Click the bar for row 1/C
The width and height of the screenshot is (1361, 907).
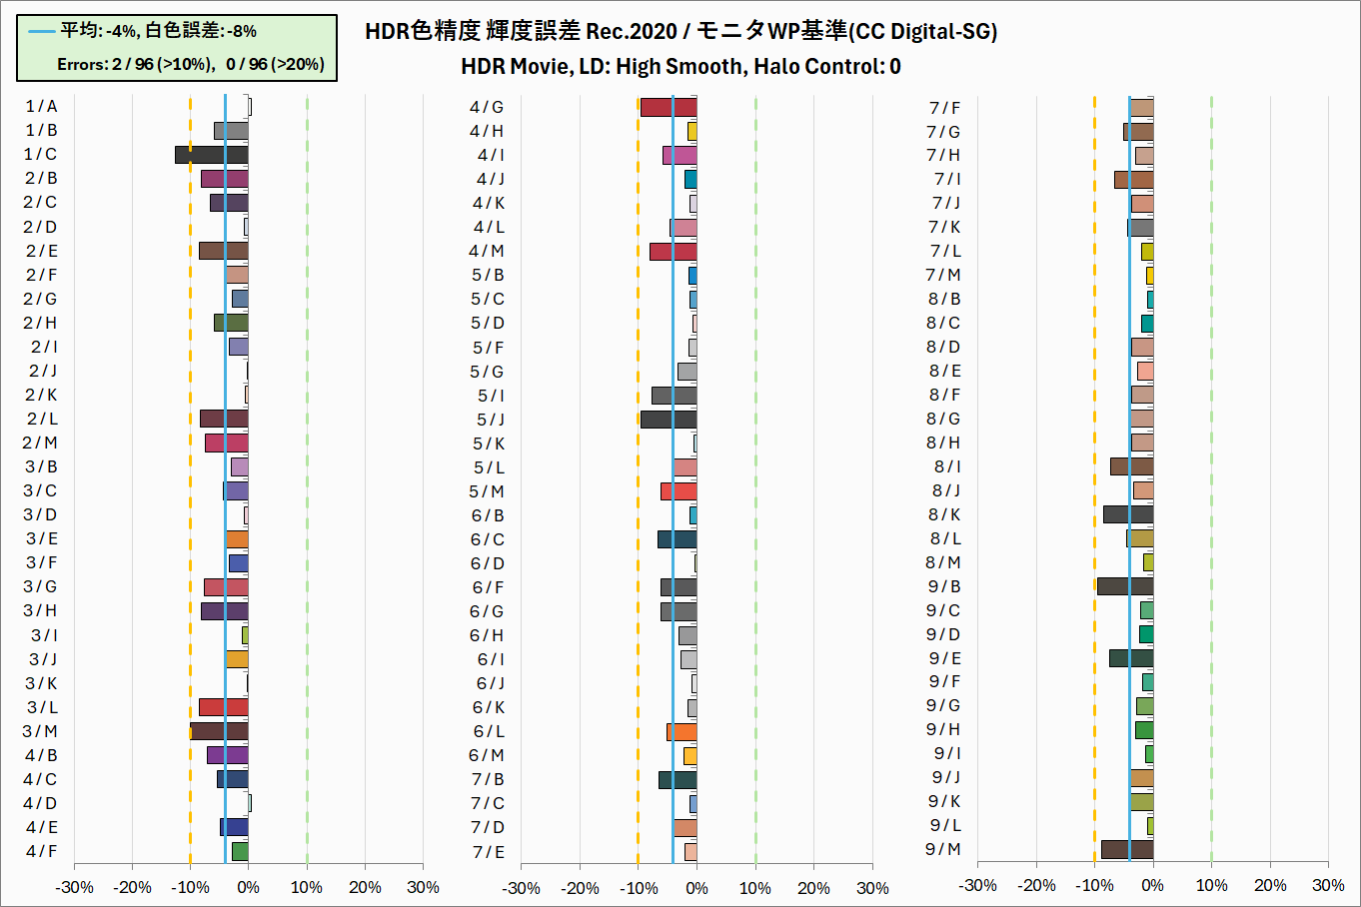[211, 155]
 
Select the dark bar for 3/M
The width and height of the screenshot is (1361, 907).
[219, 731]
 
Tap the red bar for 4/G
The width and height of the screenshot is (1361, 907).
[668, 107]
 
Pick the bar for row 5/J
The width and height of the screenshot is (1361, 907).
[668, 420]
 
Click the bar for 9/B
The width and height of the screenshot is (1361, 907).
[1124, 586]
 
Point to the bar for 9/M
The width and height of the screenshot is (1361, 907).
[1126, 850]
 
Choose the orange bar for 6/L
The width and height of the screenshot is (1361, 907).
[682, 732]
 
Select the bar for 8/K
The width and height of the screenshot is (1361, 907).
[1127, 514]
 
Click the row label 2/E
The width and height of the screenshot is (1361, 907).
[41, 251]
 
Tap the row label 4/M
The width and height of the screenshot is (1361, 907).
[487, 252]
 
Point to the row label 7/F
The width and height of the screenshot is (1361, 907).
[944, 108]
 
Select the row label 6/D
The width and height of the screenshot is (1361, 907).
[488, 563]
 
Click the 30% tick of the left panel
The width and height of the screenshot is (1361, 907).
[423, 887]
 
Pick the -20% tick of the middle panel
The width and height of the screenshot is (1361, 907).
[580, 888]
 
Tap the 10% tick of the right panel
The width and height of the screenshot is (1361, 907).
[1211, 885]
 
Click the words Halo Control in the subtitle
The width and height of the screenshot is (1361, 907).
[818, 67]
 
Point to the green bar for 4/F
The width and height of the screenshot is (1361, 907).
[240, 852]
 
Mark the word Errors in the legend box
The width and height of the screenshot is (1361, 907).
[82, 65]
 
